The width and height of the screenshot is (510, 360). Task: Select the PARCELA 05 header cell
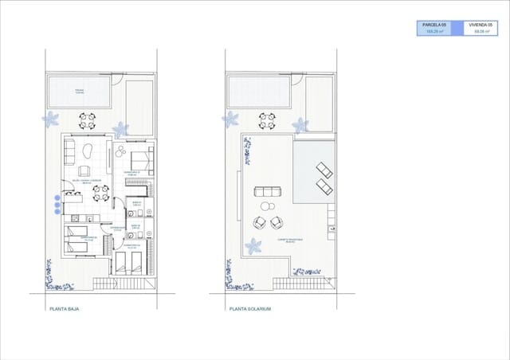click(x=434, y=25)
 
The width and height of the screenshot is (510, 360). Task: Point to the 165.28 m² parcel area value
click(x=434, y=33)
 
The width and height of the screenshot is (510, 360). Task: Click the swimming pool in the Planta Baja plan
click(x=79, y=92)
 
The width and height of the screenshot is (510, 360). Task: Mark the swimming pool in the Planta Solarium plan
click(x=259, y=92)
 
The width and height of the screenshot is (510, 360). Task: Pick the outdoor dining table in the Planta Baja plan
click(x=86, y=120)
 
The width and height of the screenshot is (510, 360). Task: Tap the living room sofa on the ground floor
click(x=68, y=152)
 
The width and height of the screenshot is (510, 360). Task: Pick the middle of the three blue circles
click(x=57, y=204)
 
